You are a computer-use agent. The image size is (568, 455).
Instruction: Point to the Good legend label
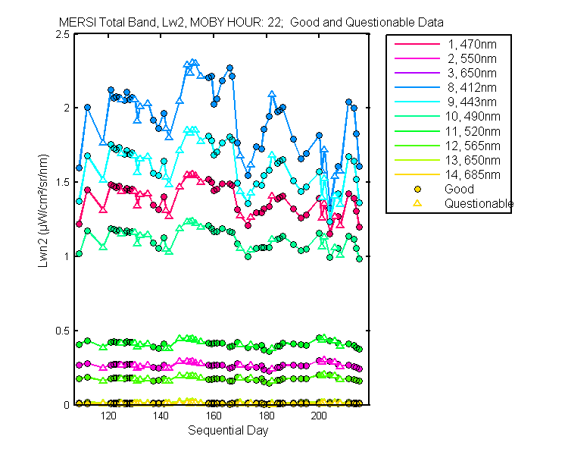[459, 189]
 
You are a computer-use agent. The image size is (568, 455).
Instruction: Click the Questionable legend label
[479, 203]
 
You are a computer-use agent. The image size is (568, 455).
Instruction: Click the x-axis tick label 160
[214, 416]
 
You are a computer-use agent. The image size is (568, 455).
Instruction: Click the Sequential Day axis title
[227, 431]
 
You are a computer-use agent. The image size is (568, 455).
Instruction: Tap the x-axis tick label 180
[267, 416]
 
